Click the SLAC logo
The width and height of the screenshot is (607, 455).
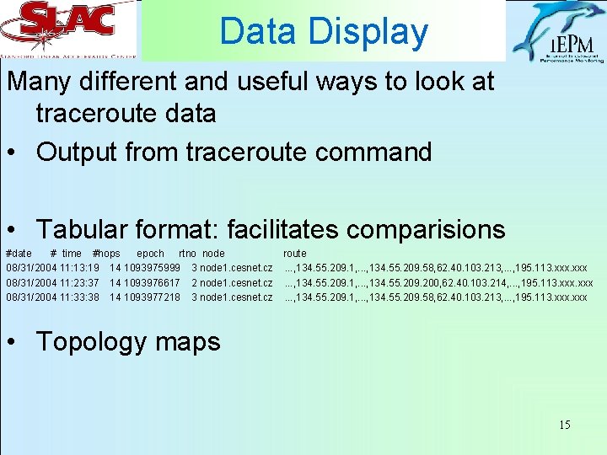point(69,30)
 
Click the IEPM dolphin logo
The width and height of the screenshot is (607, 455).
point(558,32)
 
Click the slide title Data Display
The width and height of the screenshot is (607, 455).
point(324,31)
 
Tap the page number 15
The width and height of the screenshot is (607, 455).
point(564,425)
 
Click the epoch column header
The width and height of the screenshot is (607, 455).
point(150,254)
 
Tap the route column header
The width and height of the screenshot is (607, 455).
point(295,254)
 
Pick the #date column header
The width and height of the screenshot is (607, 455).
point(19,254)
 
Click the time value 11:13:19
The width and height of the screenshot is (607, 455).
point(80,268)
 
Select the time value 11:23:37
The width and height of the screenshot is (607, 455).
point(80,283)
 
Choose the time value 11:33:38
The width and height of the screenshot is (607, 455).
point(80,297)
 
